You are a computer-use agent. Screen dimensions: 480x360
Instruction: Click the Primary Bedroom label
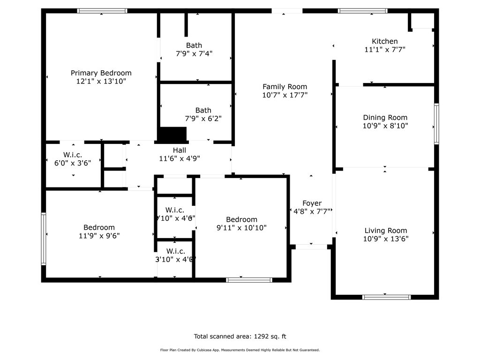click(101, 73)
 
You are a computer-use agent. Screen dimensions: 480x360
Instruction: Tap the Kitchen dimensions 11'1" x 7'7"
click(384, 50)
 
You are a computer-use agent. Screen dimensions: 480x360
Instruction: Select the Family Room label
click(285, 87)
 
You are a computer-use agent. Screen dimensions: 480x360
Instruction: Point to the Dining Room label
click(385, 118)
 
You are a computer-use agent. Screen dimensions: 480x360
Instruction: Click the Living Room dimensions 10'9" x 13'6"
click(386, 239)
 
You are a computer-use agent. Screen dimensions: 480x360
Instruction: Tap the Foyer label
click(312, 203)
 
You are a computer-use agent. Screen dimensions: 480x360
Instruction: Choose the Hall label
click(179, 150)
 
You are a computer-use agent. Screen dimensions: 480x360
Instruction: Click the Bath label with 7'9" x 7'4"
click(194, 45)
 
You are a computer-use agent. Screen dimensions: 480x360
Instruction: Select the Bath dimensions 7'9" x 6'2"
click(203, 119)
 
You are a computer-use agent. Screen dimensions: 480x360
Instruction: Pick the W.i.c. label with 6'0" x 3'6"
click(73, 155)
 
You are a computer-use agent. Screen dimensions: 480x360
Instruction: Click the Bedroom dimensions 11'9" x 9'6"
click(99, 236)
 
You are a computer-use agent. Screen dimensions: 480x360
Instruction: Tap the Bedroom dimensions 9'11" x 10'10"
click(241, 228)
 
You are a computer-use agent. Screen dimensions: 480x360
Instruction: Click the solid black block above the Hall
click(172, 135)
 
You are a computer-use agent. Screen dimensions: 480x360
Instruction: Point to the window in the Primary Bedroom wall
click(102, 11)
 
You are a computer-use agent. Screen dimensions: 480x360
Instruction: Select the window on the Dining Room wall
click(436, 124)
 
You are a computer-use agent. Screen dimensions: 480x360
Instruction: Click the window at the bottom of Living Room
click(387, 297)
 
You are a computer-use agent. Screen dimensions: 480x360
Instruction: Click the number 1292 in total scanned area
click(262, 336)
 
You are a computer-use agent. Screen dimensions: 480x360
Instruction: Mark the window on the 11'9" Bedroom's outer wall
click(44, 239)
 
